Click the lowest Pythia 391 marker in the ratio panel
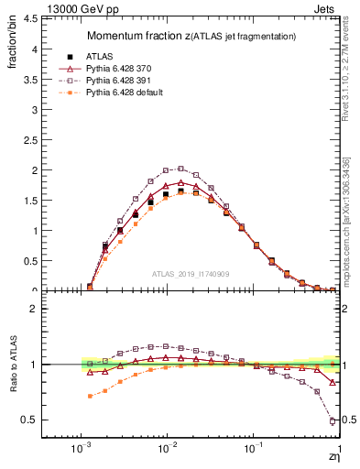(331, 420)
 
